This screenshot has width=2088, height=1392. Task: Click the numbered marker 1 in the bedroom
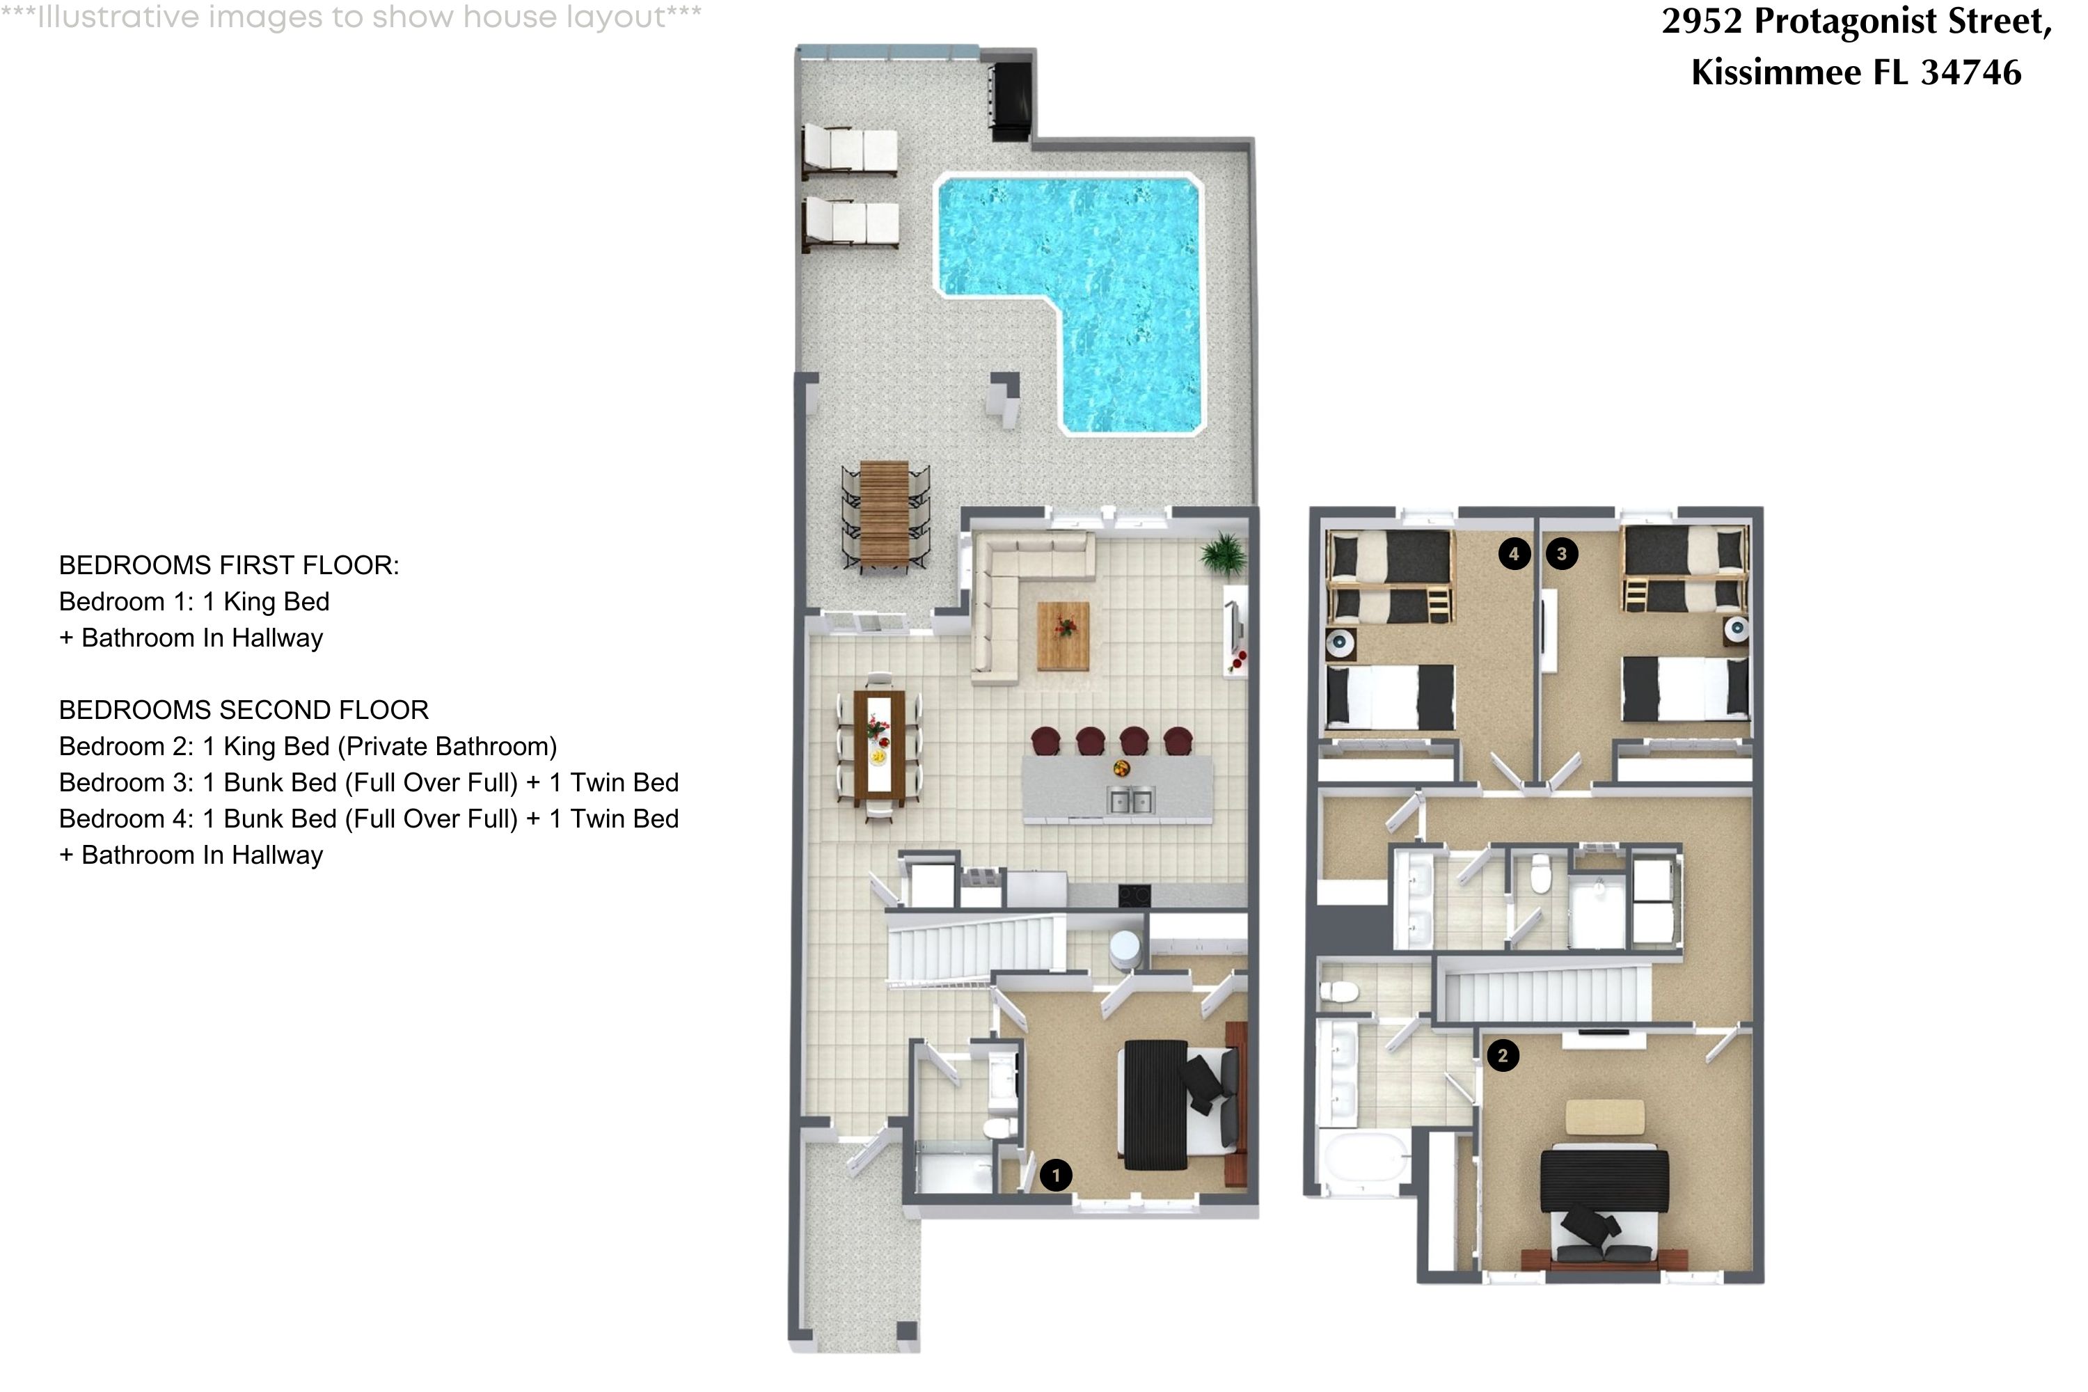pos(1056,1176)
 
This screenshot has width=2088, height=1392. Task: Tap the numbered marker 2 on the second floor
pos(1503,1056)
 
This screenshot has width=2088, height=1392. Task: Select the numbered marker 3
pos(1562,554)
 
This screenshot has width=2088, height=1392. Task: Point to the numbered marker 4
pos(1514,554)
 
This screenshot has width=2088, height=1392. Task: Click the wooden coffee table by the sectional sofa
pos(1063,635)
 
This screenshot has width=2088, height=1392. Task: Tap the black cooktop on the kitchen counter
pos(1134,896)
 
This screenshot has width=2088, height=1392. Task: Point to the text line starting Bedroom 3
pos(368,782)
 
